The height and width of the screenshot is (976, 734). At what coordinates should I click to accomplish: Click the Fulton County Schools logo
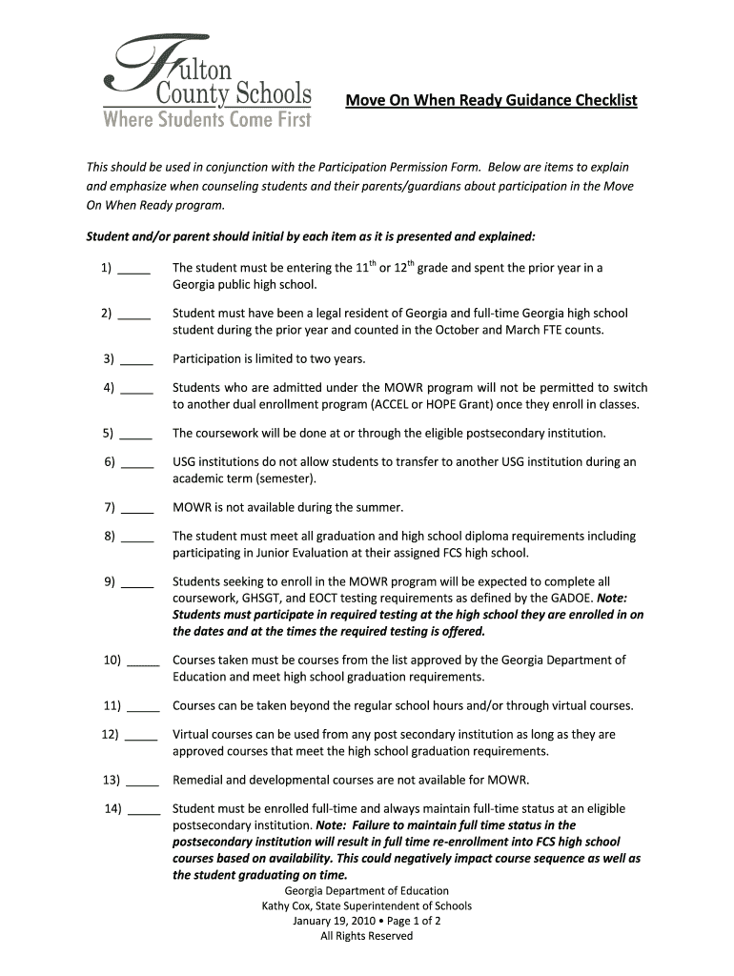(207, 81)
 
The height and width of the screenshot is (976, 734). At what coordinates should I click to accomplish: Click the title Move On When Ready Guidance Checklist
(490, 101)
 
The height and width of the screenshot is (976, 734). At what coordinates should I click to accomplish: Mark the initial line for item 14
(143, 810)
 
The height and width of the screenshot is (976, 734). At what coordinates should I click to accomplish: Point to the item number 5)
(109, 433)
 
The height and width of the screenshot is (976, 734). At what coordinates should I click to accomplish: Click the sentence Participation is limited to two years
(269, 359)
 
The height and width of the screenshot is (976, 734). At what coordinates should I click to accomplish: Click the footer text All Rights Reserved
(367, 937)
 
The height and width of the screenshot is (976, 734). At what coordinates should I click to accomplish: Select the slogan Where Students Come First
(207, 120)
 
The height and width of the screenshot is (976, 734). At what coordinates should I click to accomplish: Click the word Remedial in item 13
(198, 780)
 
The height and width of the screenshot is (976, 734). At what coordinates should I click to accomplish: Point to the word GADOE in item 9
(566, 598)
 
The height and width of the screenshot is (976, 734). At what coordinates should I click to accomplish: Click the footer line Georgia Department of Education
(367, 891)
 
